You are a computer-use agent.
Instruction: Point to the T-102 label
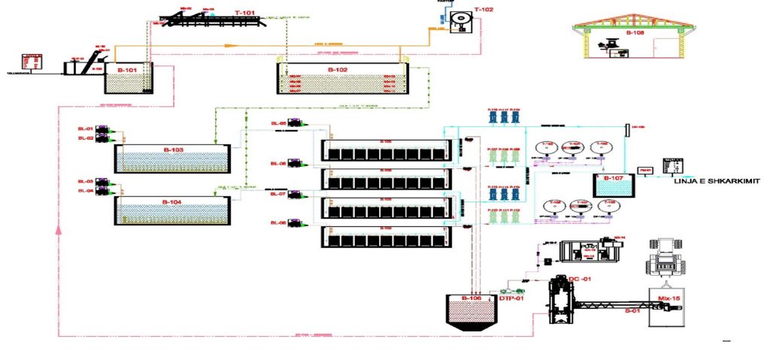[484, 10]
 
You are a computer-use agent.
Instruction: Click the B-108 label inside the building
[635, 33]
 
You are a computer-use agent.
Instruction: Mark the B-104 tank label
[173, 201]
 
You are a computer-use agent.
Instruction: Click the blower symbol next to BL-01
[105, 129]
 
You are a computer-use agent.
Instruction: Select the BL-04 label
[84, 191]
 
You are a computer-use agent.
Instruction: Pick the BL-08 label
[277, 223]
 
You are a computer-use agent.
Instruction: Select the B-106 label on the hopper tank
[471, 298]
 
